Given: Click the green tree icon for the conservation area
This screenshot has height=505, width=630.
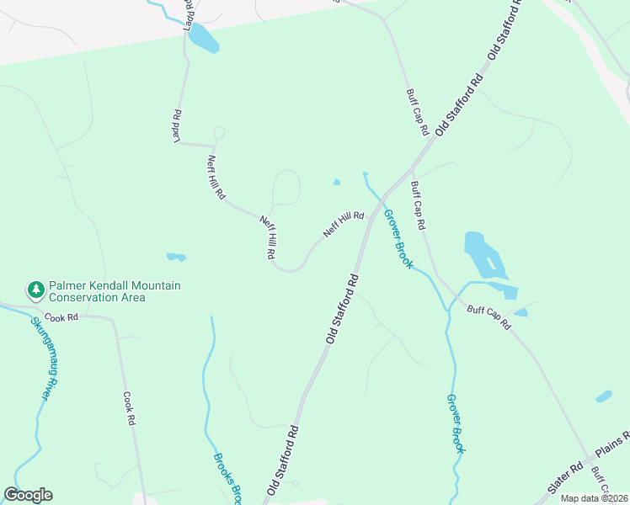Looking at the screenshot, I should pyautogui.click(x=35, y=290).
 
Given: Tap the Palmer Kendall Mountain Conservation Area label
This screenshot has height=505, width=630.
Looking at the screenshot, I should pyautogui.click(x=115, y=291).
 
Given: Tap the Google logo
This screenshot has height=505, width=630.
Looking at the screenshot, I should pyautogui.click(x=28, y=495).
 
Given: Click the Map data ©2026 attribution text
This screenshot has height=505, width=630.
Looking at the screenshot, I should pyautogui.click(x=594, y=498).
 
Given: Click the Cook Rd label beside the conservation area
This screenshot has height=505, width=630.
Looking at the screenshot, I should pyautogui.click(x=61, y=317).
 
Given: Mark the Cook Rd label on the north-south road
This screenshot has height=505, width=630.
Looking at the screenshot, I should pyautogui.click(x=129, y=407).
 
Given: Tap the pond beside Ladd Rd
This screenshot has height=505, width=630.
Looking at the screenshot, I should pyautogui.click(x=203, y=38).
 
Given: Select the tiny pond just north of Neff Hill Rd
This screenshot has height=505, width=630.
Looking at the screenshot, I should pyautogui.click(x=337, y=182).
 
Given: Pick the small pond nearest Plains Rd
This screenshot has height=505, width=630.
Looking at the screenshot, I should pyautogui.click(x=603, y=396).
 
